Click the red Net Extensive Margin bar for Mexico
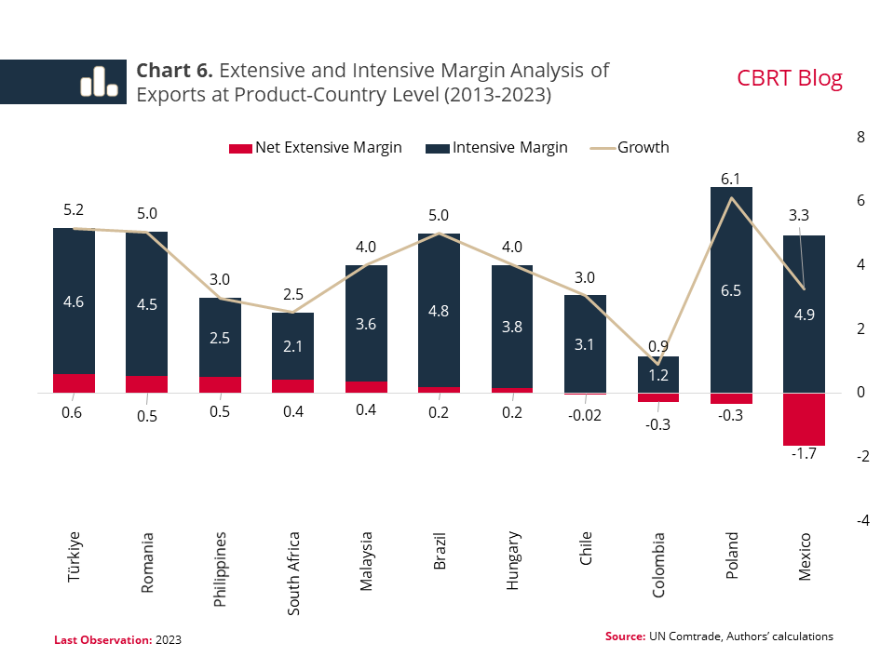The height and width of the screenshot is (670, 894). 804,419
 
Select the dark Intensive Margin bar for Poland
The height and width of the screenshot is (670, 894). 731,289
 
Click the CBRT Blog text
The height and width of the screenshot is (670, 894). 789,78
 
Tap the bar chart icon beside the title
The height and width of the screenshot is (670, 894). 98,82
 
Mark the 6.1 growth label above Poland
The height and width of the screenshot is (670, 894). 731,179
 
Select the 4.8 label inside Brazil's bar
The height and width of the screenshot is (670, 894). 439,312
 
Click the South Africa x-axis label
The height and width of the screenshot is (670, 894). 293,572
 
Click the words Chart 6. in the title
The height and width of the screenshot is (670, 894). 175,71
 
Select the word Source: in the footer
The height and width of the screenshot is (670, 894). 625,636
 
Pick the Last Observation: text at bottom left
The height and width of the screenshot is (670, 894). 102,640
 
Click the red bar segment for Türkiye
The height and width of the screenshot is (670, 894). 74,383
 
